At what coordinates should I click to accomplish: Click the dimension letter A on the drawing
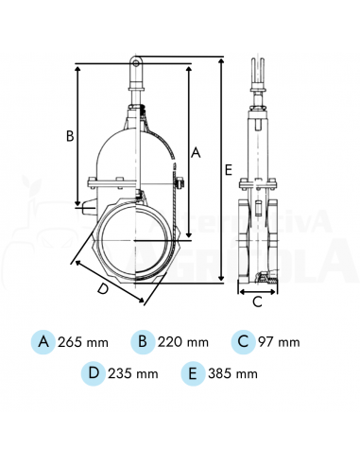(196, 151)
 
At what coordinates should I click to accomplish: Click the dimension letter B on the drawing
(69, 135)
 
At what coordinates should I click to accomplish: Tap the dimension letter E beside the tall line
(230, 169)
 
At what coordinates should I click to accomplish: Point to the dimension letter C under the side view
(256, 302)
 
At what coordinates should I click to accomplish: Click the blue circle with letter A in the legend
(43, 340)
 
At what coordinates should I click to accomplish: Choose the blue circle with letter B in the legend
(141, 340)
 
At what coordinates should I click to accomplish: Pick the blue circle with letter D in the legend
(94, 372)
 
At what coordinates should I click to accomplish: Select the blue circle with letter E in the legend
(193, 372)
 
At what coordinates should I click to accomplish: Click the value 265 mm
(83, 341)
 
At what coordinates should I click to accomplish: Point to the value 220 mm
(181, 341)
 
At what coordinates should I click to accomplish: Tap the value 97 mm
(279, 341)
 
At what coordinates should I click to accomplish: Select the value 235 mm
(134, 373)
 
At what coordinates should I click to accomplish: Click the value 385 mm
(233, 373)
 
